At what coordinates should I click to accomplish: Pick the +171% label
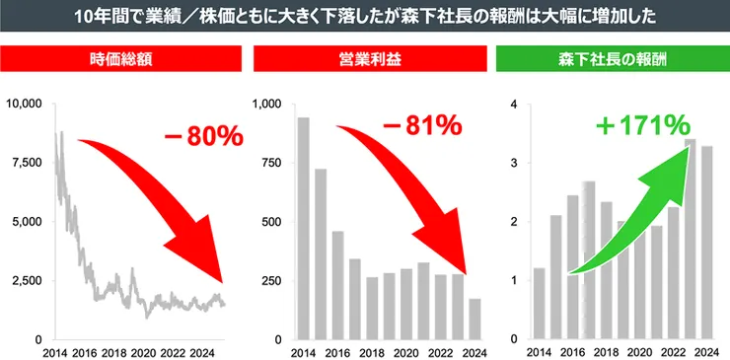point(642,125)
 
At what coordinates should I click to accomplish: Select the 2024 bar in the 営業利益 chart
point(475,319)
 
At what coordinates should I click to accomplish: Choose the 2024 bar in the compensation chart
point(707,243)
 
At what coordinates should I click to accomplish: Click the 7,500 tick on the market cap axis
point(28,163)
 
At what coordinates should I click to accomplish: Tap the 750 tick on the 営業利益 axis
point(271,163)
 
